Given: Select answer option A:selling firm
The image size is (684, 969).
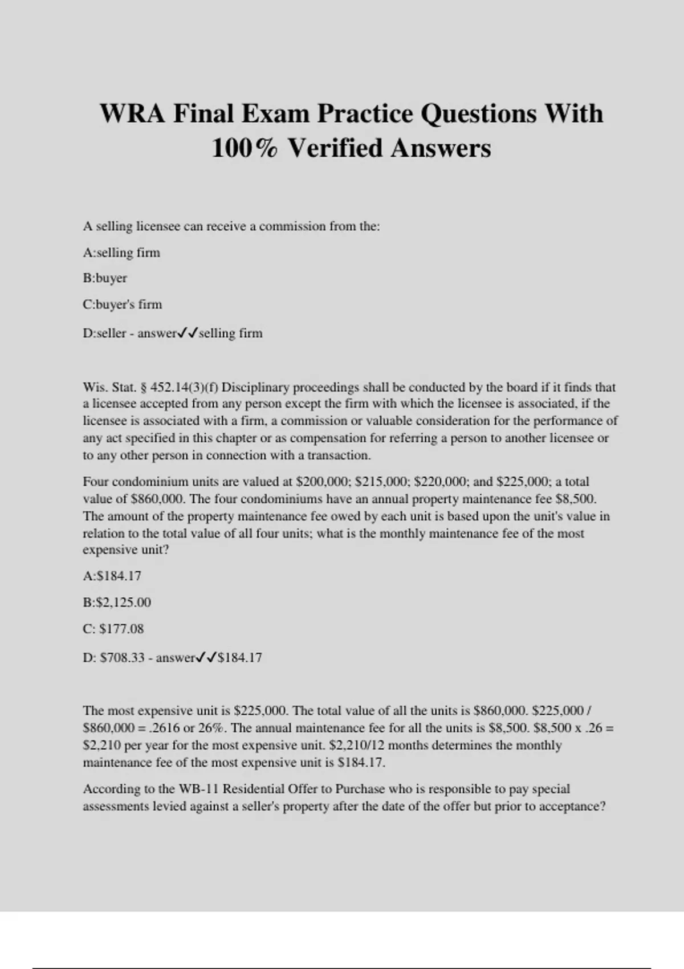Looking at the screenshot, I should click(x=121, y=253).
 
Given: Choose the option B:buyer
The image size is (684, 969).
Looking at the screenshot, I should click(x=105, y=278).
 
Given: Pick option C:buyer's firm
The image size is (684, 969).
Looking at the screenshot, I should click(x=122, y=304).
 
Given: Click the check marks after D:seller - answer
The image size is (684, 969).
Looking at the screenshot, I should click(x=188, y=333).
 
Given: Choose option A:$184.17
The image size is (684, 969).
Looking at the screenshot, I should click(x=112, y=576).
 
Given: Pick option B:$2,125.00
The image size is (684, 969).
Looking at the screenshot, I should click(x=117, y=602).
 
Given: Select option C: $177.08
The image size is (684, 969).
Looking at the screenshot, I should click(x=113, y=629).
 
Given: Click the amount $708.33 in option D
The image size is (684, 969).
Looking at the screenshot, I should click(x=122, y=658).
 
